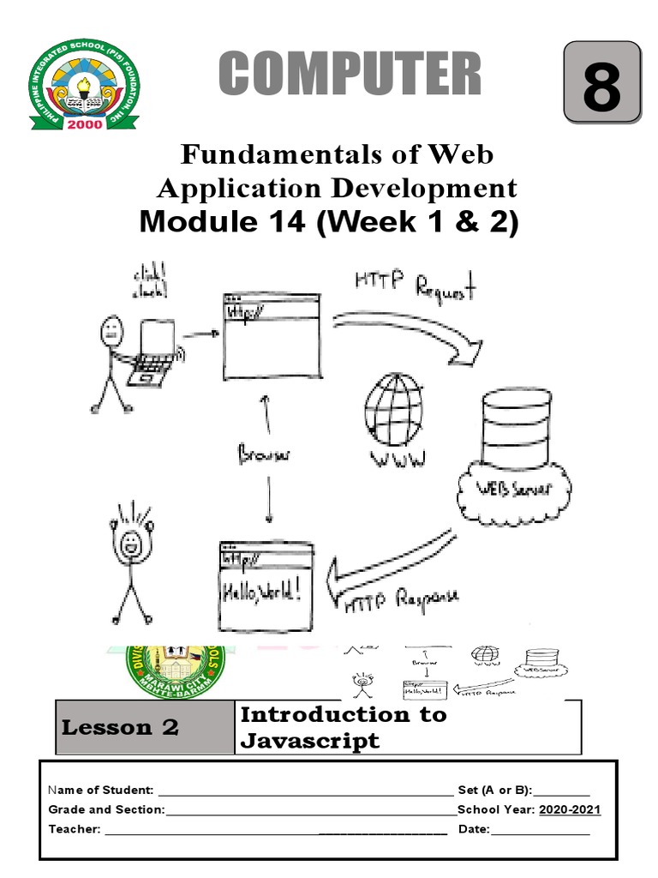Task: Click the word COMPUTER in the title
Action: [x=350, y=75]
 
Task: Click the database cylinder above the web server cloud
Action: [x=517, y=428]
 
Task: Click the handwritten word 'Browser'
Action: [x=264, y=455]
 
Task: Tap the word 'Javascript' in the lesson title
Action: [x=309, y=741]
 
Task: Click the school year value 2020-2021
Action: [x=570, y=809]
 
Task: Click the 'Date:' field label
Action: [x=474, y=829]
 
